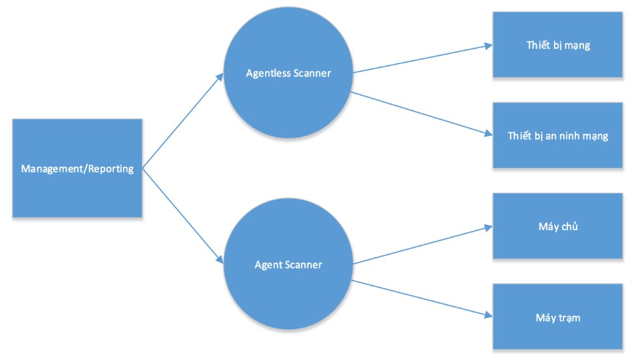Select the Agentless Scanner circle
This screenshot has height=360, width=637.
point(288,94)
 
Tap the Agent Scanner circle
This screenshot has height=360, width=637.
point(288,288)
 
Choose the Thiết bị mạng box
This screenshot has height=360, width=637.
point(557,60)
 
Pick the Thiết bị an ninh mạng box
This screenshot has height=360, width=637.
point(557,151)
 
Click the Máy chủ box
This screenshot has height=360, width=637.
point(557,241)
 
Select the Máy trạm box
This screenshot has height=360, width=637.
point(557,331)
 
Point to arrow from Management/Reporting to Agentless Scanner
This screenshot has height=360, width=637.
point(183,120)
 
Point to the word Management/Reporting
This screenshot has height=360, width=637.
point(77,169)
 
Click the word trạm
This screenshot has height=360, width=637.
point(567,318)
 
